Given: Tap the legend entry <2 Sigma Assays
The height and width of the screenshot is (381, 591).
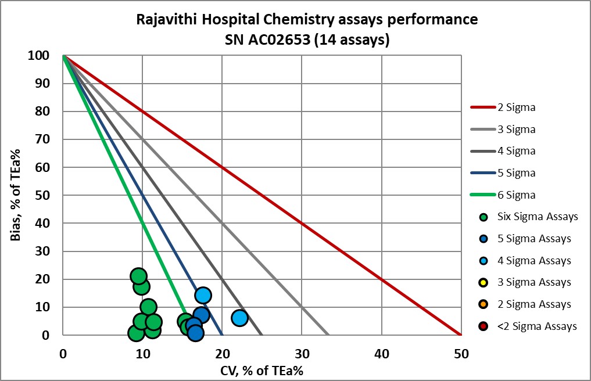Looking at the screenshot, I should (536, 326).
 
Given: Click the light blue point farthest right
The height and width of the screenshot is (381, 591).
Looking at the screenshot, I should (239, 318).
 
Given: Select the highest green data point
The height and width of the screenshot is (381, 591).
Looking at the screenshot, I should (138, 276).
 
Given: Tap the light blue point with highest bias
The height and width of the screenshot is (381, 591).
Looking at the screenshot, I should (202, 295).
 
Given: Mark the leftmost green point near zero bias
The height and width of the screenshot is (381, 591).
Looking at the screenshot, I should (136, 333).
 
